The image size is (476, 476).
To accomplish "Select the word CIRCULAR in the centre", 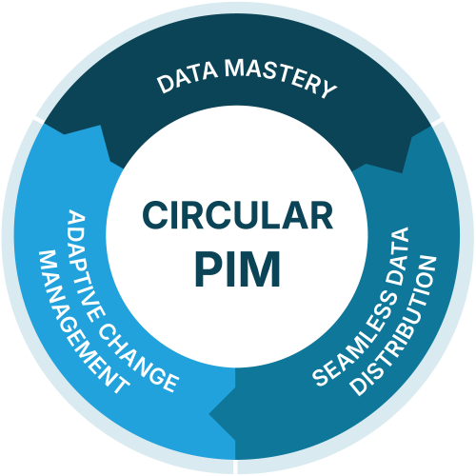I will pyautogui.click(x=238, y=217).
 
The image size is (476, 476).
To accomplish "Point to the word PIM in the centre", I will pyautogui.click(x=238, y=268).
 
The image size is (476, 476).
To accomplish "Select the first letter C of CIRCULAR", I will pyautogui.click(x=156, y=217).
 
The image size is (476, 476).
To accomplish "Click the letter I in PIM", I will pyautogui.click(x=234, y=268).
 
